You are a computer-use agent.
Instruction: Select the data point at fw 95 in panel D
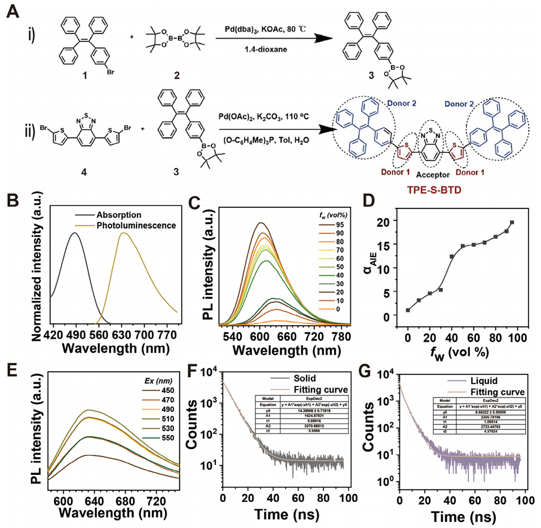pos(512,223)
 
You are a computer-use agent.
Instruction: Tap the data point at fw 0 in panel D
pos(408,310)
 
